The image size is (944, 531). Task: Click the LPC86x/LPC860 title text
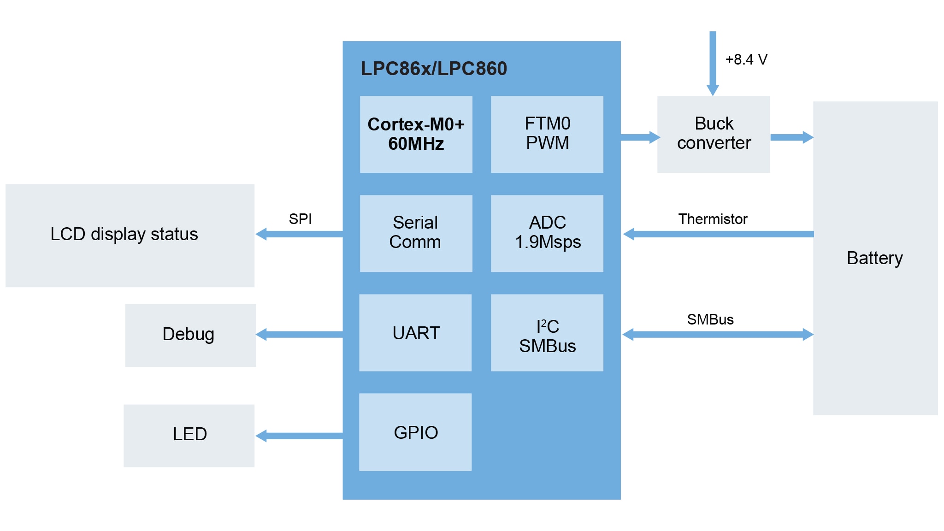(433, 69)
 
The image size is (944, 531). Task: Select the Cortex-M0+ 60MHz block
(416, 134)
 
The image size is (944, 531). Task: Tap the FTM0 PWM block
(547, 134)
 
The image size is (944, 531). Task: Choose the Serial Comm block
(416, 233)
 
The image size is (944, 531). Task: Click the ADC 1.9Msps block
(547, 233)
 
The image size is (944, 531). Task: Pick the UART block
(415, 332)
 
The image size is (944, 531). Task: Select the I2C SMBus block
(547, 332)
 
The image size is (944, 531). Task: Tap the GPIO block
(415, 432)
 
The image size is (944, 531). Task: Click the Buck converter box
(713, 134)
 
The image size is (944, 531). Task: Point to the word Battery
(874, 258)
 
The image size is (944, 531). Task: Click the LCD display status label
(124, 234)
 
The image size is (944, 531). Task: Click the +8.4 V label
(746, 59)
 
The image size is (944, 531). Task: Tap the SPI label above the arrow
(300, 219)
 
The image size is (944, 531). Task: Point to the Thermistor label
(713, 219)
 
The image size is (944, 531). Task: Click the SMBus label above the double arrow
(710, 319)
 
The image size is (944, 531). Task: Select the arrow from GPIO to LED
(300, 436)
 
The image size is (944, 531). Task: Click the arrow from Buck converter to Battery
(791, 137)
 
